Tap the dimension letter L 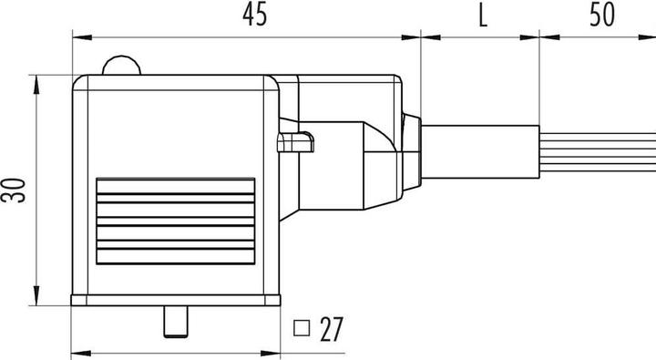click(480, 15)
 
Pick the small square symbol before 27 click(302, 326)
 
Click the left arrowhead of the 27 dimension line click(77, 352)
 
